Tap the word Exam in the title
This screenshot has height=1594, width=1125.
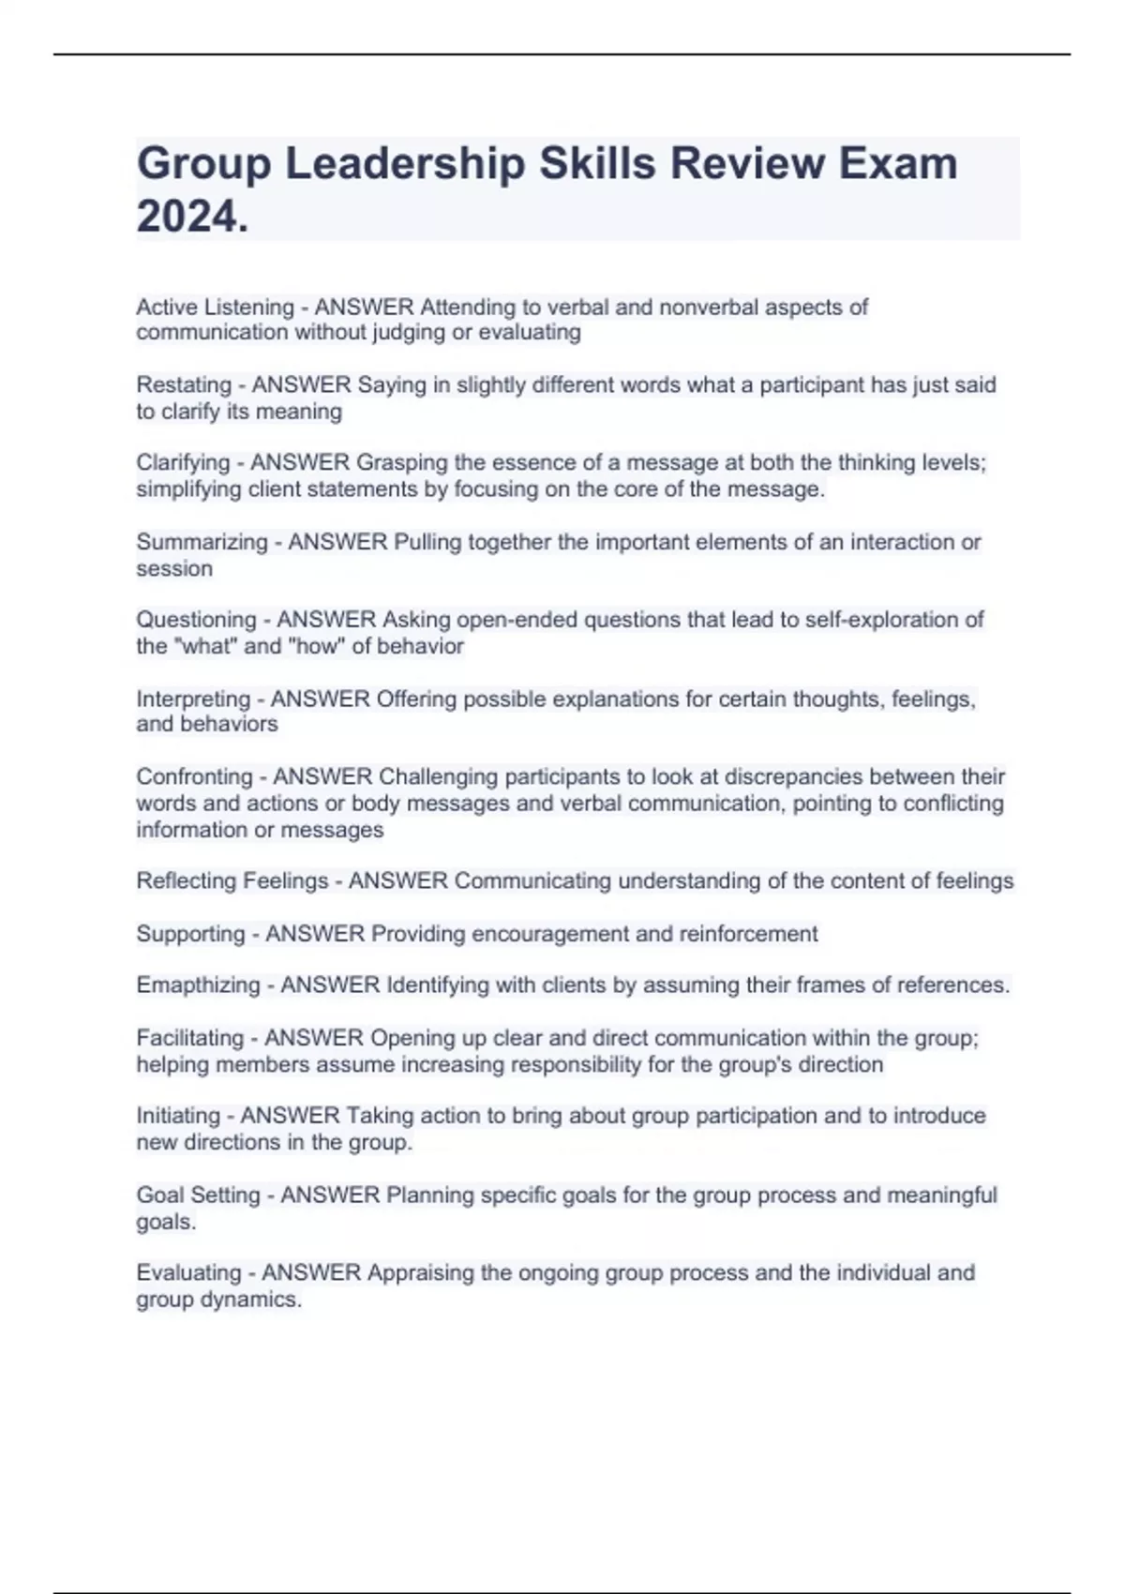pyautogui.click(x=897, y=164)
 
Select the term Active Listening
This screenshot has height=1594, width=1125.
pyautogui.click(x=215, y=308)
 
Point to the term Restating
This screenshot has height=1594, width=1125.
pyautogui.click(x=184, y=385)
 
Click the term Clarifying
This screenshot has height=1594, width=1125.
pyautogui.click(x=183, y=463)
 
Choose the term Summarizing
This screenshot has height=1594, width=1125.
pyautogui.click(x=202, y=542)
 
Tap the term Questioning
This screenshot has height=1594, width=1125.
pyautogui.click(x=196, y=620)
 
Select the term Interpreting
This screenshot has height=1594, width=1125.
pyautogui.click(x=193, y=699)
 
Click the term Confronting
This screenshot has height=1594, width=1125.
pyautogui.click(x=194, y=777)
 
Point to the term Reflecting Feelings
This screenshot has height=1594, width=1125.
pyautogui.click(x=232, y=881)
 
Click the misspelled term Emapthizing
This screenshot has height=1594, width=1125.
pyautogui.click(x=198, y=985)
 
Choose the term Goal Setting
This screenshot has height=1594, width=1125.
pyautogui.click(x=198, y=1195)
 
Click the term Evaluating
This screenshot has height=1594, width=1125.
pyautogui.click(x=188, y=1273)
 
